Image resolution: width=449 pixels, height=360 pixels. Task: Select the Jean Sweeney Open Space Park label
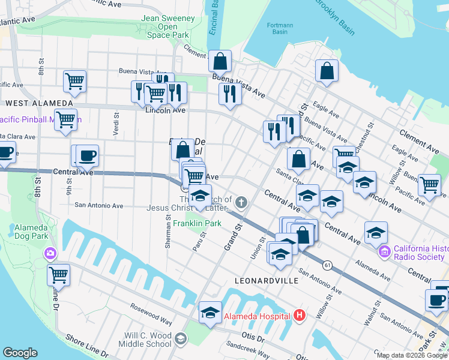pyautogui.click(x=167, y=27)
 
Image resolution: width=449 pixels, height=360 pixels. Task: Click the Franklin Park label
pyautogui.click(x=197, y=223)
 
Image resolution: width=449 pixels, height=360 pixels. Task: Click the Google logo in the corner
pyautogui.click(x=20, y=353)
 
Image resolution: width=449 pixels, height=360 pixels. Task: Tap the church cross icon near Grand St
pyautogui.click(x=241, y=202)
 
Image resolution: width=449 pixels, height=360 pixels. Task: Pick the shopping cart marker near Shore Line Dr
pyautogui.click(x=59, y=275)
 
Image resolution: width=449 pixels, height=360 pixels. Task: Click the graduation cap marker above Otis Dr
pyautogui.click(x=210, y=312)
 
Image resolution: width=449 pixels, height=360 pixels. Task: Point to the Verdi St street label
pyautogui.click(x=116, y=123)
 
